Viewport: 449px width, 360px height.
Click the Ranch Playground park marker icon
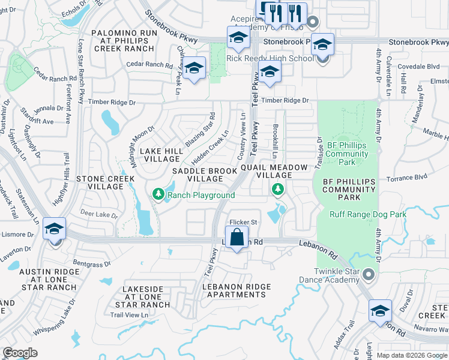pos(158,194)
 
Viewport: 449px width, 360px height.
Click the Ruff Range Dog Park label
pos(368,214)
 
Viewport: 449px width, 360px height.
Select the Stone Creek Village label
pos(100,182)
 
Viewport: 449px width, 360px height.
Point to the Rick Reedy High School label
pos(270,58)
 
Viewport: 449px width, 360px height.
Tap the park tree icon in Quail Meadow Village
pos(277,190)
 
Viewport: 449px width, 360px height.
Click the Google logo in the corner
pos(20,353)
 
